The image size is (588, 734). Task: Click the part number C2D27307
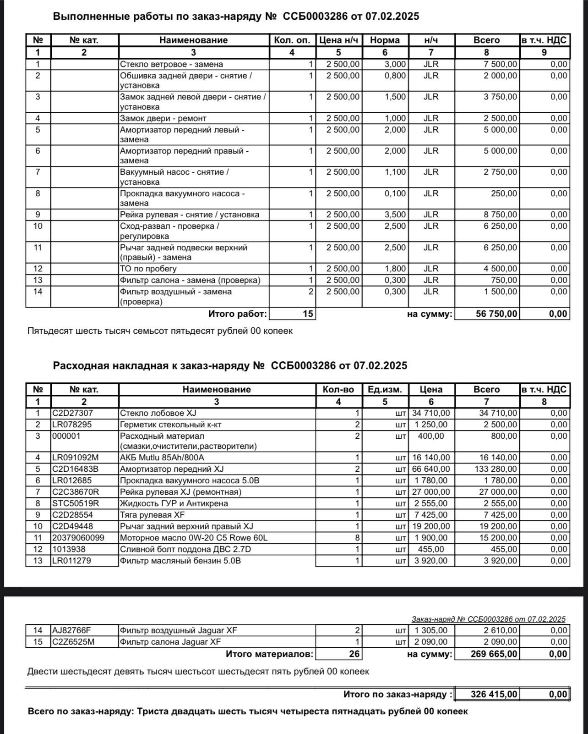click(72, 413)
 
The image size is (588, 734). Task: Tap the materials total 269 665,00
click(494, 654)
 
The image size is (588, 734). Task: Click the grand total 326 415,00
click(494, 694)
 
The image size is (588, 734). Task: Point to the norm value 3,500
click(395, 215)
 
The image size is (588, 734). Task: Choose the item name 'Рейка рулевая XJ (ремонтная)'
click(180, 492)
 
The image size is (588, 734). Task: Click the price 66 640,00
click(431, 469)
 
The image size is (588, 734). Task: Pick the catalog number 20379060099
click(78, 538)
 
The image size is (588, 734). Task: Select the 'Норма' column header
click(385, 40)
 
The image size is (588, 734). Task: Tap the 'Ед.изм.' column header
click(385, 389)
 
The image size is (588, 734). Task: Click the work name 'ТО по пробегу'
click(148, 269)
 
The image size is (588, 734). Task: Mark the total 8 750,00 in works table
click(501, 215)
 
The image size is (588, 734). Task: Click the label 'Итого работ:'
click(237, 314)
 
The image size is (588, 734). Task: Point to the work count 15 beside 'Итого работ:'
click(308, 314)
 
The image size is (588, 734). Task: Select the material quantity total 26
click(354, 654)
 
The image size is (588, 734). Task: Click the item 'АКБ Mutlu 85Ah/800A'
click(162, 458)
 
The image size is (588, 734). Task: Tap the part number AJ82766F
click(71, 630)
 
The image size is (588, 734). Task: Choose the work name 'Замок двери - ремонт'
click(163, 118)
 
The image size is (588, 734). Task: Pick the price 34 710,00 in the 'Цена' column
click(431, 413)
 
